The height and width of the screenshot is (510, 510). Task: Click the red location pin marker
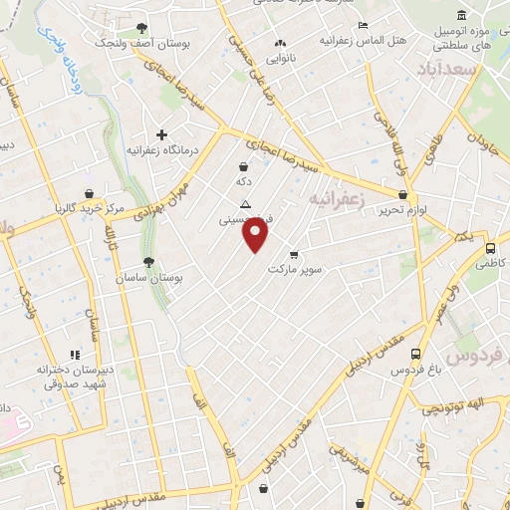pos(256,233)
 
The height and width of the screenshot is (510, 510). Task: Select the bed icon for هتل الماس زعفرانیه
pos(364,25)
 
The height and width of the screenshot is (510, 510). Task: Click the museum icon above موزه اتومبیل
pos(460,15)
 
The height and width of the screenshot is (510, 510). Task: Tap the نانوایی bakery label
pos(279,58)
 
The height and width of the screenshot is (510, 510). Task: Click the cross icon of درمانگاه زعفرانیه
pos(161,134)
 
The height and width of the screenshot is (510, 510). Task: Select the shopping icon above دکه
pos(244,167)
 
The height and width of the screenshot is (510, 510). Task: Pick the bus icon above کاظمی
pos(490,249)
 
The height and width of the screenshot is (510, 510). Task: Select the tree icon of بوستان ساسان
pos(148,263)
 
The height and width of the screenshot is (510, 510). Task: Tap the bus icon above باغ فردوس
pos(415,354)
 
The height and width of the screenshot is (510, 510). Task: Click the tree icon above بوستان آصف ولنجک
pos(141,28)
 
